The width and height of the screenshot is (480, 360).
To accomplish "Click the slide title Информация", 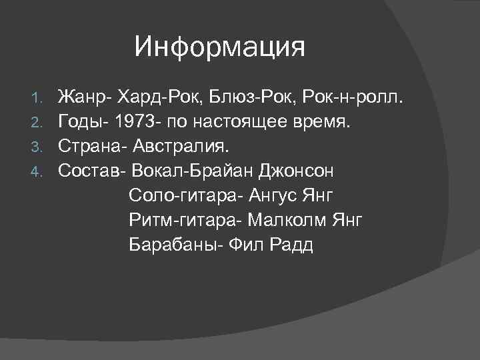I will (x=219, y=47).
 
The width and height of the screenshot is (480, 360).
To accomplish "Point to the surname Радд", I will (x=290, y=245).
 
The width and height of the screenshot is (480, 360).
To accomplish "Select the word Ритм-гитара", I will (x=183, y=221).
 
